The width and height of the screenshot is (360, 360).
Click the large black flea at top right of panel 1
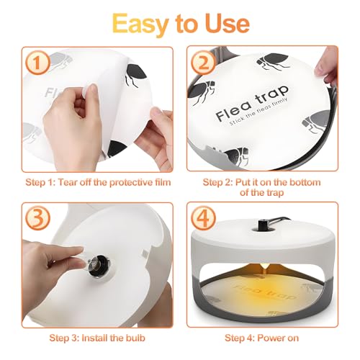(136, 72)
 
